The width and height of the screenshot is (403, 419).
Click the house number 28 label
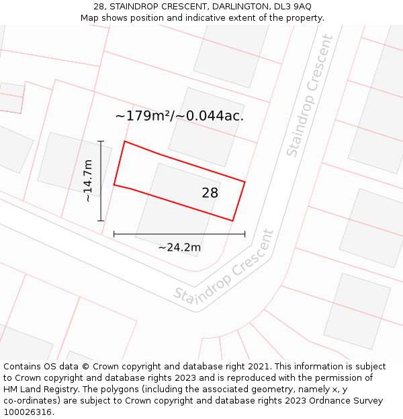point(210,193)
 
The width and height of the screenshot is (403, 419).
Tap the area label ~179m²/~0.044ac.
point(179,116)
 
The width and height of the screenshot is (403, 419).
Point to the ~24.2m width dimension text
point(179,247)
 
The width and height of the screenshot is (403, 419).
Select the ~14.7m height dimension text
point(88,180)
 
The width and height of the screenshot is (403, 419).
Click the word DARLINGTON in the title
point(226,6)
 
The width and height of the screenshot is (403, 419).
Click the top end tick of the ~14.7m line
point(101,141)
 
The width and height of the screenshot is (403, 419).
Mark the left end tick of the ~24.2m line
point(114,234)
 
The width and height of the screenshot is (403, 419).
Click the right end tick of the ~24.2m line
point(244,234)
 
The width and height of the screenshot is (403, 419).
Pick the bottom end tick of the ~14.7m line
point(101,221)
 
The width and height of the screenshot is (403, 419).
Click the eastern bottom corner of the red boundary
point(232,220)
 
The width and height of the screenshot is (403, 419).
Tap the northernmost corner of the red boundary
point(125,141)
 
